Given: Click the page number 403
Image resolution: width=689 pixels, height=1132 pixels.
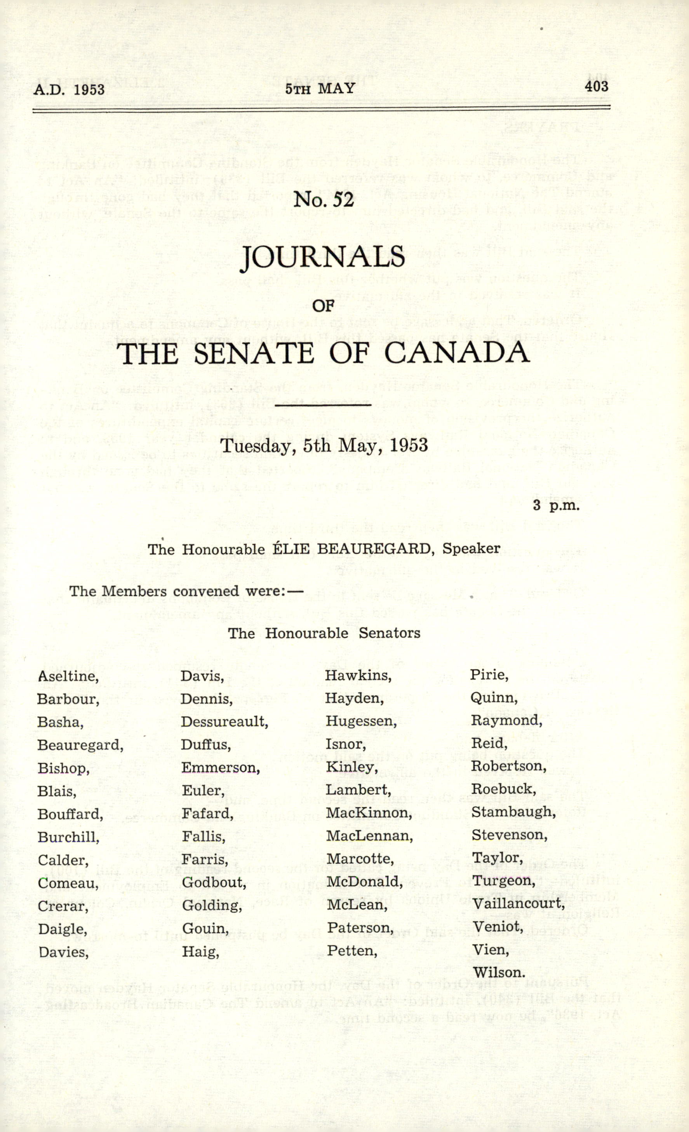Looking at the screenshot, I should click(x=596, y=86).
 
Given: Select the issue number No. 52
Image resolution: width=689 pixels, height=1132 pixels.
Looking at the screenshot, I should click(x=324, y=199).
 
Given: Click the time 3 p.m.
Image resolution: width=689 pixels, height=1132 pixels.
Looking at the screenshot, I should click(x=556, y=505).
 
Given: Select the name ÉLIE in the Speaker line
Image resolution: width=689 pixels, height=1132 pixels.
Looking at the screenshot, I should click(x=289, y=549).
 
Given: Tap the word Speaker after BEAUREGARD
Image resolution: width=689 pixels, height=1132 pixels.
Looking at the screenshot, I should click(x=471, y=549).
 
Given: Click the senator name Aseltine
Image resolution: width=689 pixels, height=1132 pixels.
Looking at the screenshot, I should click(x=68, y=676).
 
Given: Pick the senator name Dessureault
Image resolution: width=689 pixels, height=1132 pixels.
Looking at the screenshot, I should click(x=224, y=721).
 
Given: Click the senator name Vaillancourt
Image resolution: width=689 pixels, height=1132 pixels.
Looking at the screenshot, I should click(x=518, y=903).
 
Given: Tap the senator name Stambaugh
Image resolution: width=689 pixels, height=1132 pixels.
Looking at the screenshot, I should click(x=513, y=812).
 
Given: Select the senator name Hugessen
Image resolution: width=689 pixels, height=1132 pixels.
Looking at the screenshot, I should click(x=361, y=721).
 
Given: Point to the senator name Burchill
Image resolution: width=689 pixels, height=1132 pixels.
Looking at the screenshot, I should click(x=68, y=837).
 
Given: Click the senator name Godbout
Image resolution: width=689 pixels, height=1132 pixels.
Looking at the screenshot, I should click(x=214, y=882).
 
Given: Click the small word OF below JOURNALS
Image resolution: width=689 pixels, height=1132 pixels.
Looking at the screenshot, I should click(x=324, y=305).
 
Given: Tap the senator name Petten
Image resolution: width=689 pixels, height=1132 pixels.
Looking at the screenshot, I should click(x=352, y=950).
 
